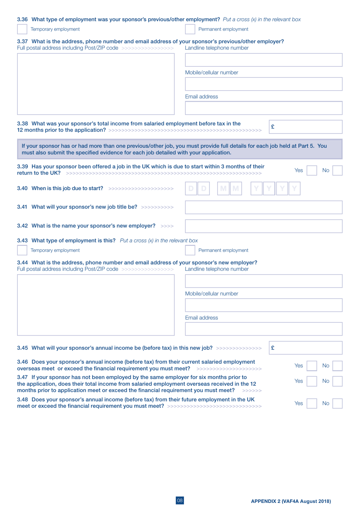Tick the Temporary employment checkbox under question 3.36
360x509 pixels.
22,29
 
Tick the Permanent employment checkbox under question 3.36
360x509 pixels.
190,29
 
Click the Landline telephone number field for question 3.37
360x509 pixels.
263,60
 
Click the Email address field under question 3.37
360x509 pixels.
263,108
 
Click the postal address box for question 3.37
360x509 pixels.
95,84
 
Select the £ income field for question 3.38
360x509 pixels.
305,127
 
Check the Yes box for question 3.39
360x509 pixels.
311,170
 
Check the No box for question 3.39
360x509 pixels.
337,170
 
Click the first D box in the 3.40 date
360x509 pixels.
191,189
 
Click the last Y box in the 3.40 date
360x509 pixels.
294,189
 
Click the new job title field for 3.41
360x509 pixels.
263,207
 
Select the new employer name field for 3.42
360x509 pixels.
263,226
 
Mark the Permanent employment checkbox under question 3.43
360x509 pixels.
190,250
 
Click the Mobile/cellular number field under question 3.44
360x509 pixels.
263,305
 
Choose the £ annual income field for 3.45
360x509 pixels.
305,348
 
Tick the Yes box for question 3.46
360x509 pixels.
311,366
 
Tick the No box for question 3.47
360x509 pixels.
337,381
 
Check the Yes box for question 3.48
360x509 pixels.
311,404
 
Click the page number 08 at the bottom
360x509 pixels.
180,500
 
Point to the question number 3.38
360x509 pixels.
22,124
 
